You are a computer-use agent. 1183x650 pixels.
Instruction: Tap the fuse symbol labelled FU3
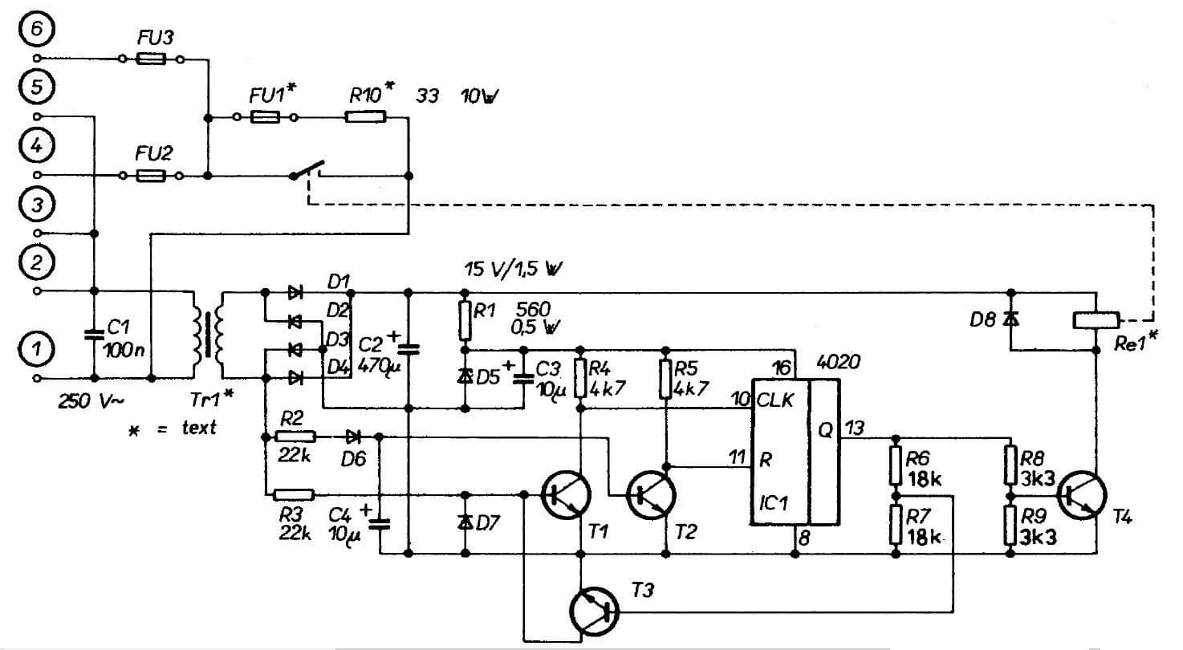(151, 59)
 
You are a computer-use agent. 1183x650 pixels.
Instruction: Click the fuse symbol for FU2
(151, 175)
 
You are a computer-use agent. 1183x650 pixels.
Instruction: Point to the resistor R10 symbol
(365, 117)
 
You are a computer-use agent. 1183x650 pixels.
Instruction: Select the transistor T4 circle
(1081, 497)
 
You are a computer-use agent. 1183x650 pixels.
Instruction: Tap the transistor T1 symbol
(567, 496)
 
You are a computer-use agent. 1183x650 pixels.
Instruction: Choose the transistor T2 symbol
(651, 496)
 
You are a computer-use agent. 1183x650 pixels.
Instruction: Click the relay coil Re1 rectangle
(1096, 319)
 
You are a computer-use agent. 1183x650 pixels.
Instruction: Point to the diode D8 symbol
(1010, 320)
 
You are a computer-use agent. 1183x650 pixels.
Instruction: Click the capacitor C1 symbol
(95, 334)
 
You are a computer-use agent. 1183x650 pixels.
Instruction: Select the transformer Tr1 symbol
(207, 334)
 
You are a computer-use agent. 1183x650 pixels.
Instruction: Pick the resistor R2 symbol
(295, 437)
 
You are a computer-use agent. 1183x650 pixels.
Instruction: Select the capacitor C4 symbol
(380, 524)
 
